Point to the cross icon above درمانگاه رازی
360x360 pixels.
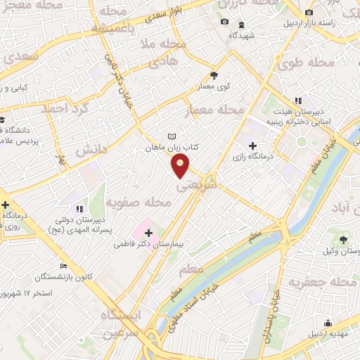tap(252, 145)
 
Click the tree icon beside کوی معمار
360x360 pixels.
tap(214, 76)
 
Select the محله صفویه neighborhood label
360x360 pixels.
tap(139, 204)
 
